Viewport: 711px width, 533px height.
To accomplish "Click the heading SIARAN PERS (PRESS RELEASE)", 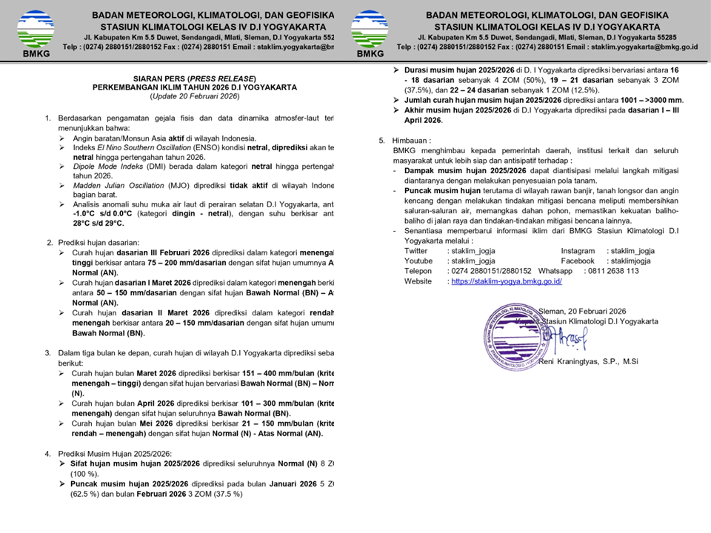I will click(x=195, y=78).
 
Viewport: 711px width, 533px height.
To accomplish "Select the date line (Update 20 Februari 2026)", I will click(x=195, y=96).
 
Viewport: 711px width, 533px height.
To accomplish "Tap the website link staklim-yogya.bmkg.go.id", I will click(x=505, y=281).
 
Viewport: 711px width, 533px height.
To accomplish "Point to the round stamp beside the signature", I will click(x=511, y=332).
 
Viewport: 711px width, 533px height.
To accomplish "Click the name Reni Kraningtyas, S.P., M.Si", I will click(x=588, y=361).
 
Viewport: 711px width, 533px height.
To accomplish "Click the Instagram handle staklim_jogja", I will click(x=631, y=251).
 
